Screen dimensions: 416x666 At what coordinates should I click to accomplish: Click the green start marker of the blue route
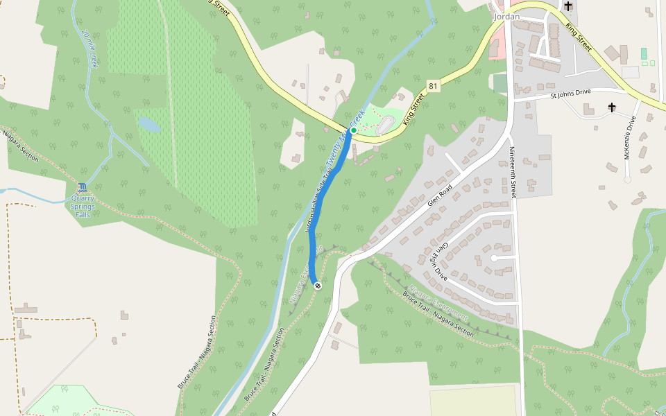coord(353,130)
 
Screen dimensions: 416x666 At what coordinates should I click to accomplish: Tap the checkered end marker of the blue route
coord(318,286)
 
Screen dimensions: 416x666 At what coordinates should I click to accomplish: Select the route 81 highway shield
coord(433,86)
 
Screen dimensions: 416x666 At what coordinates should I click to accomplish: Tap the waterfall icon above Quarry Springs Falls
coord(83,187)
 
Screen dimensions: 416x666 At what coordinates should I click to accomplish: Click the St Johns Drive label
coord(580,93)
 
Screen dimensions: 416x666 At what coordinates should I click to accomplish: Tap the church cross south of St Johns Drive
coord(612,107)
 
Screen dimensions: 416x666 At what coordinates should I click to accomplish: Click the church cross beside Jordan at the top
coord(568,6)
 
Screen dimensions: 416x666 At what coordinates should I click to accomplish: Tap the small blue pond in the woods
coord(148,125)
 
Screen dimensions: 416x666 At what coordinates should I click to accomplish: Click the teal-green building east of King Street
coord(644,53)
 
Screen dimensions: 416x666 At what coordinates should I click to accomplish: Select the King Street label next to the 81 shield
coord(414,110)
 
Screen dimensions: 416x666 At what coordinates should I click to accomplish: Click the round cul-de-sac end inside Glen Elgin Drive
coord(493,258)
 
